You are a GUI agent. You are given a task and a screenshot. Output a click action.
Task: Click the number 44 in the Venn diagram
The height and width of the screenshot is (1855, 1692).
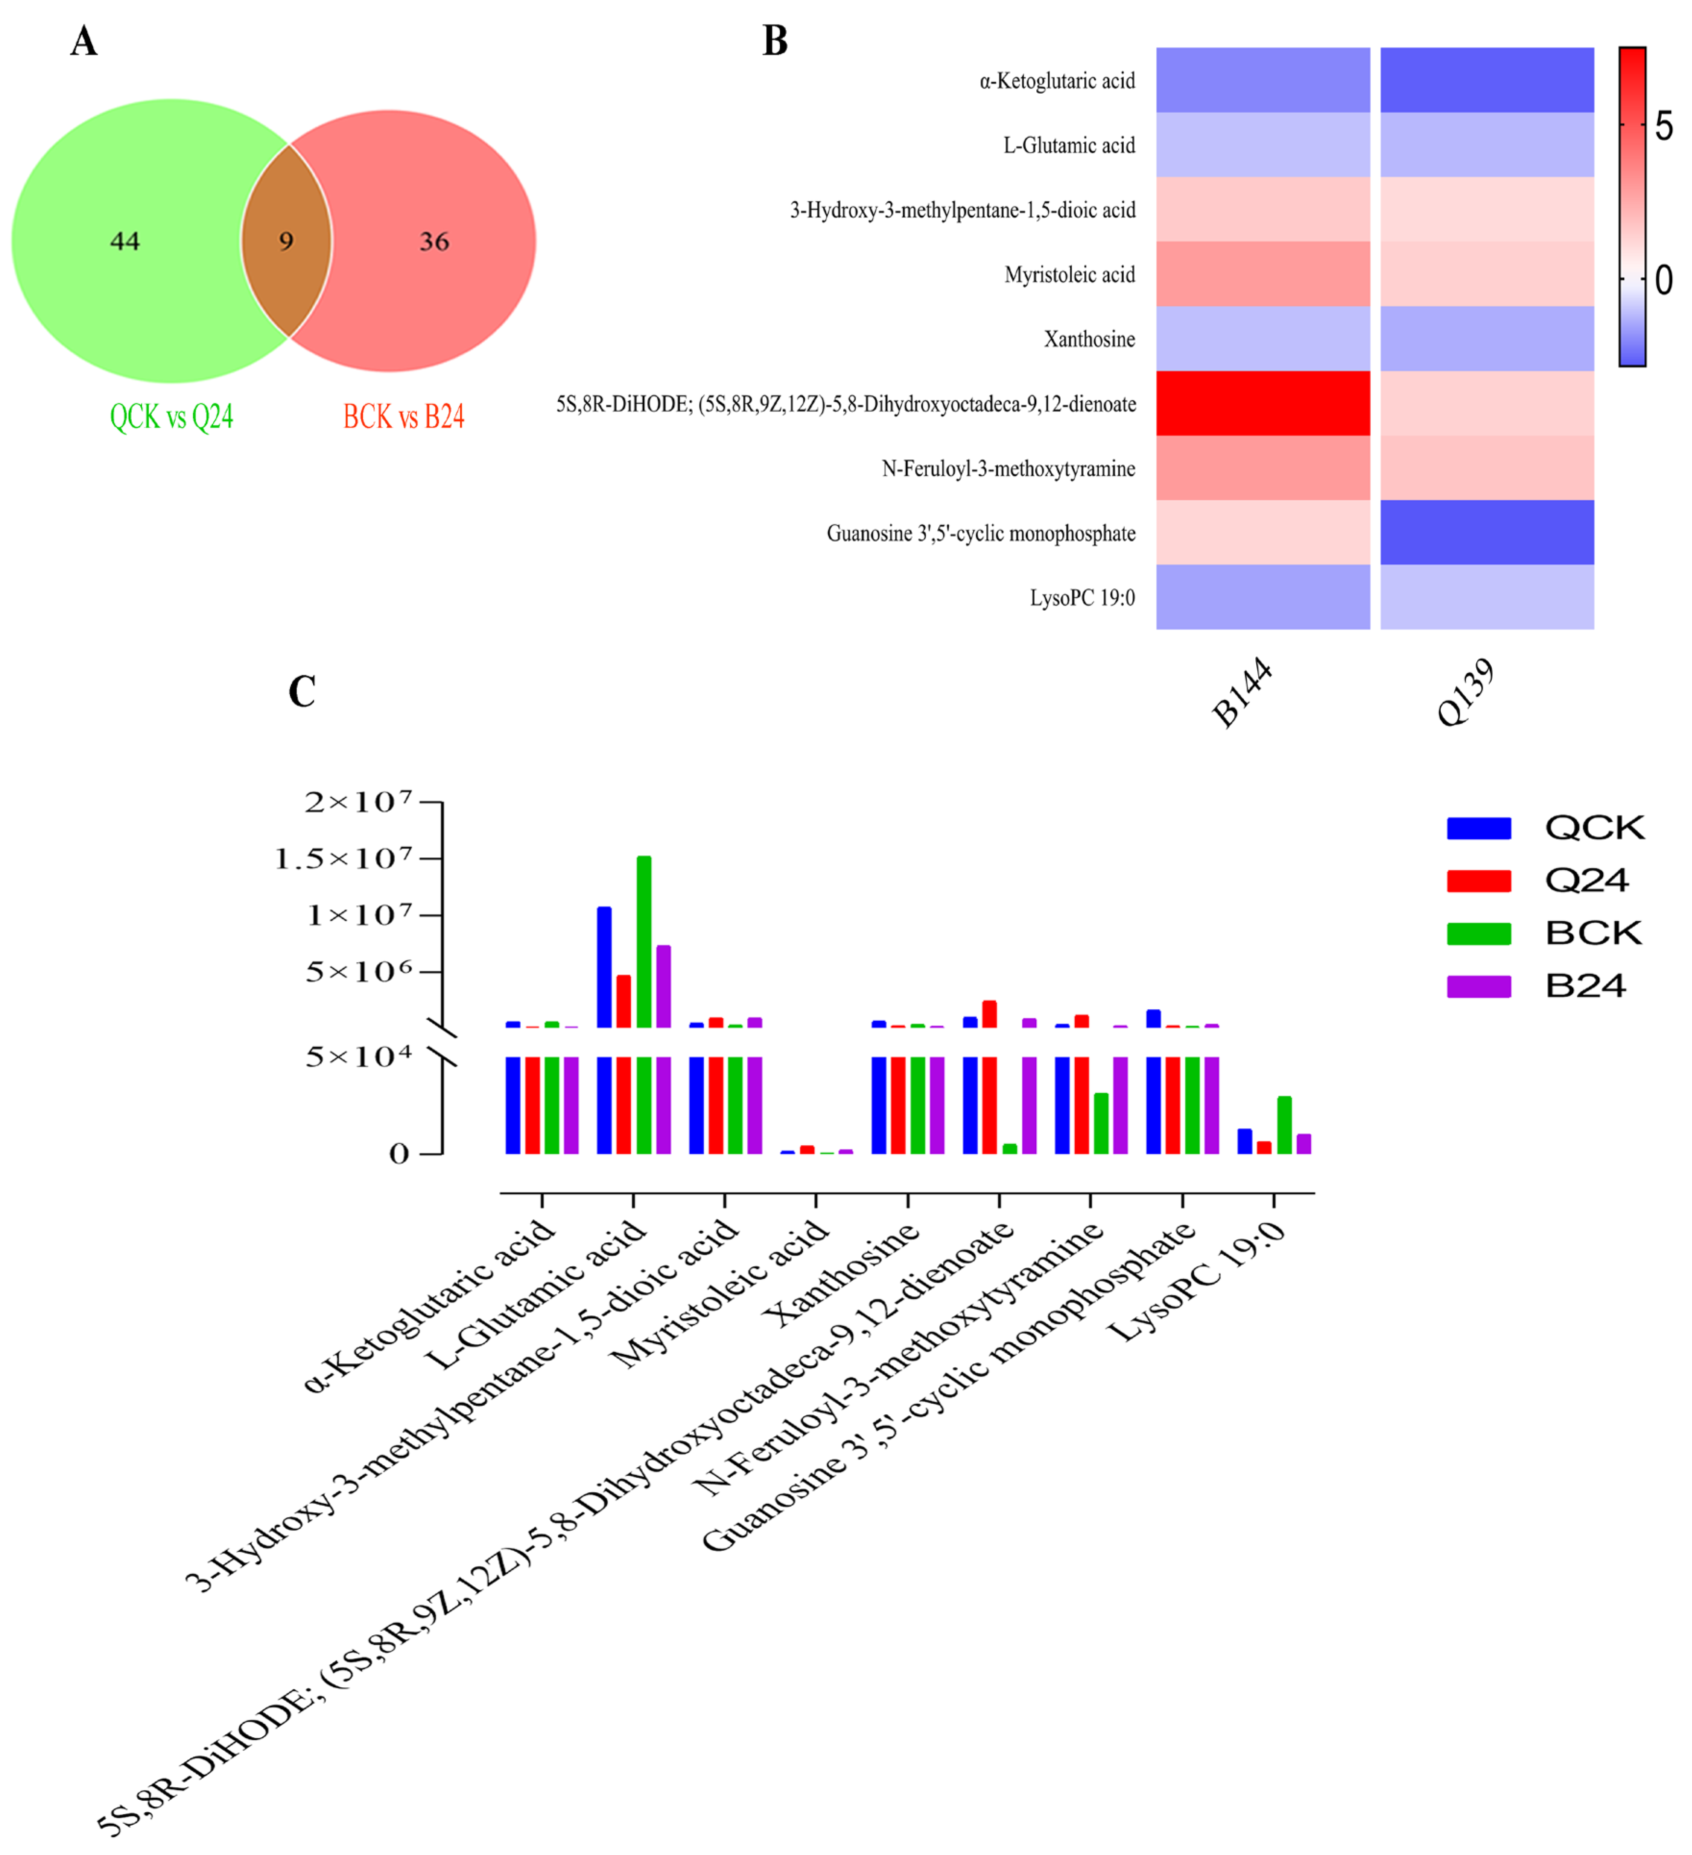(x=125, y=241)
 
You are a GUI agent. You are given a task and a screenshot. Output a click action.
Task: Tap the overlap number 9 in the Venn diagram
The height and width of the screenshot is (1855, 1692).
(x=286, y=241)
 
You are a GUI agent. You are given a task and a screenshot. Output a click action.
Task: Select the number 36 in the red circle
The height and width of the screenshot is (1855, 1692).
(x=434, y=241)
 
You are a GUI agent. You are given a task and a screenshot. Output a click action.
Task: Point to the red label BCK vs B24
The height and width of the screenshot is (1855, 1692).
(x=404, y=417)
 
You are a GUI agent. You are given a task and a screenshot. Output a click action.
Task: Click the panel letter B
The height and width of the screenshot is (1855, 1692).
(x=775, y=41)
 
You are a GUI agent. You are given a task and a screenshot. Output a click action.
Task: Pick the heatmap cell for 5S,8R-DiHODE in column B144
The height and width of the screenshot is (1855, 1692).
(x=1263, y=403)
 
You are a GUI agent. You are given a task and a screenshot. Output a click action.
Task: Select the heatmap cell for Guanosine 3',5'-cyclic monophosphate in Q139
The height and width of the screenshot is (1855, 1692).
(x=1487, y=532)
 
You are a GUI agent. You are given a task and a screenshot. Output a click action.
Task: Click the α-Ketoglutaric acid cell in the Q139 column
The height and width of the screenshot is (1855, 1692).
(x=1487, y=80)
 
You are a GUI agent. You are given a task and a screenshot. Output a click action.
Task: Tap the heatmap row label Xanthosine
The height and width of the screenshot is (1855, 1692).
(x=1090, y=340)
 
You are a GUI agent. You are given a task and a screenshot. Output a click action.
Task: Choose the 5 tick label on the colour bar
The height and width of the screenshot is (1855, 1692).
(x=1664, y=126)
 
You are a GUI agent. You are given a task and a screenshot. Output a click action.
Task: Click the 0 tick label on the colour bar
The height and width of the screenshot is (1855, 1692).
(x=1664, y=280)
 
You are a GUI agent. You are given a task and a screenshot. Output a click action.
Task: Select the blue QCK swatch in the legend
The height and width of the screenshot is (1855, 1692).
(x=1479, y=828)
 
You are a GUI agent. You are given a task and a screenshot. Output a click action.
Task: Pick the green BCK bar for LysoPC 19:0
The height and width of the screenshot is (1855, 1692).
(x=1285, y=1125)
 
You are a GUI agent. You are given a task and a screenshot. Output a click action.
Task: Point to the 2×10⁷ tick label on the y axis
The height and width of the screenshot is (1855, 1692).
(x=358, y=803)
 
